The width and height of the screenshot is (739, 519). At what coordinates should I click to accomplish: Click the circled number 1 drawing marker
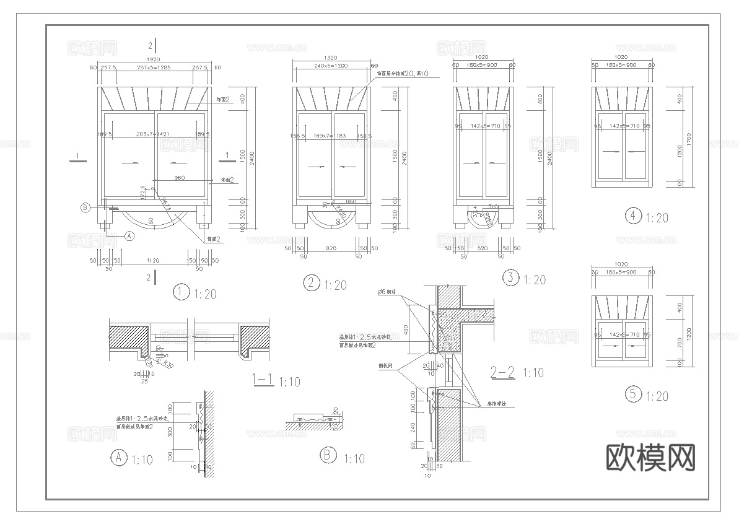tap(181, 292)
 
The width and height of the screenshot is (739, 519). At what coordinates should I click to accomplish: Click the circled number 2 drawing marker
tap(311, 283)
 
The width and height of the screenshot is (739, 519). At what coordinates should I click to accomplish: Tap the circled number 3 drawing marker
tap(510, 277)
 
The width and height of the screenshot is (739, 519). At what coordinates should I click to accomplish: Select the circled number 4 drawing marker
tap(633, 216)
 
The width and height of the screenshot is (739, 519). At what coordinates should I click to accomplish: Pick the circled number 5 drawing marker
tap(632, 394)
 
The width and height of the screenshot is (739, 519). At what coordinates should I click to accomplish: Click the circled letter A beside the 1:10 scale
tap(118, 458)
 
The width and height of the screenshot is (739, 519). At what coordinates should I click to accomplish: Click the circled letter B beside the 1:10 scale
tap(328, 456)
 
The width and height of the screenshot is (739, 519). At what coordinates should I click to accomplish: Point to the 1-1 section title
tap(263, 379)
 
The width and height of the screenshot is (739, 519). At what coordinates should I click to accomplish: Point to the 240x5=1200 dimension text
tap(331, 66)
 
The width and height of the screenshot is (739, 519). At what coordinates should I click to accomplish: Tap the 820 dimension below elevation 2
tap(331, 248)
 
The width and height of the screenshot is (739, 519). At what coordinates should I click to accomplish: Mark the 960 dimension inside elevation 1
tap(179, 178)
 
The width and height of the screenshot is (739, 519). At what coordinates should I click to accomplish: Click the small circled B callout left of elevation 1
tap(86, 207)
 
